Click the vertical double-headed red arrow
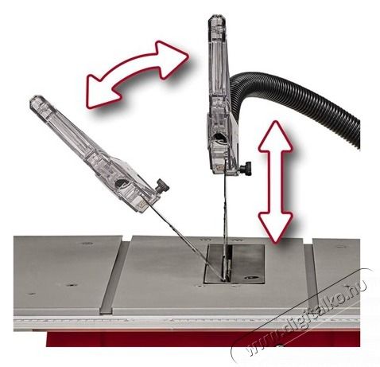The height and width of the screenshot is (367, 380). tap(276, 182)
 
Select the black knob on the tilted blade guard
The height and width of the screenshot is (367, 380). tap(162, 185)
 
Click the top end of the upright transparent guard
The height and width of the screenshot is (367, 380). tap(217, 17)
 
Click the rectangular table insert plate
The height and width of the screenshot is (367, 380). tap(235, 264)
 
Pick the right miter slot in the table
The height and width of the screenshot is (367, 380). tap(310, 277)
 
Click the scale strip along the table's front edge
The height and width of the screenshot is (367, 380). tap(185, 322)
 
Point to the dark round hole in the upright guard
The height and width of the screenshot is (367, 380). tap(219, 137)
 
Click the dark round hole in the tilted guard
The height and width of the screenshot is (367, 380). tap(121, 183)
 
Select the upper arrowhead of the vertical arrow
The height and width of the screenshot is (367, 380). tap(276, 137)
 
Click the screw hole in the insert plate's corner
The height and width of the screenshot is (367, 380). tap(250, 277)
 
